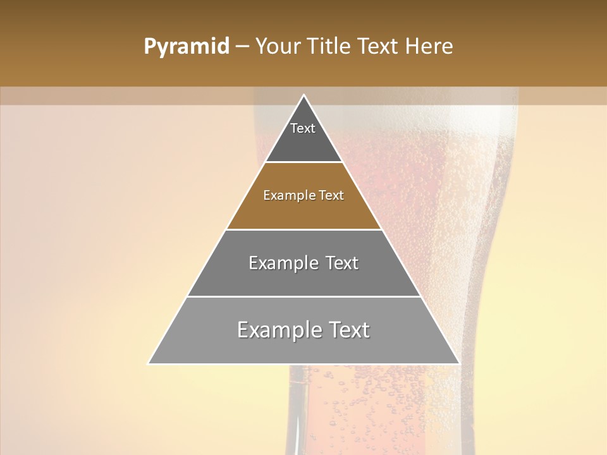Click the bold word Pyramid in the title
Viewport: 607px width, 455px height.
(x=186, y=47)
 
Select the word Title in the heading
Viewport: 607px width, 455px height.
(x=329, y=47)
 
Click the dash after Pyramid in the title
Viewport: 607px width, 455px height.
(x=242, y=47)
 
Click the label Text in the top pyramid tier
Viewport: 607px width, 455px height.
(x=303, y=128)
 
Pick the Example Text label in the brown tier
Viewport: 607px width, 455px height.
(x=303, y=195)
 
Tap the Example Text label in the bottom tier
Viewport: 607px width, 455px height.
(x=303, y=330)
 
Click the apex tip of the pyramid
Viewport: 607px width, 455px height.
(x=304, y=96)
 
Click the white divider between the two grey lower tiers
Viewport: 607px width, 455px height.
(x=303, y=296)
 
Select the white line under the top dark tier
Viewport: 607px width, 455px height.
(x=303, y=162)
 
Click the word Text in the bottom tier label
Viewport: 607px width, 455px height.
(x=345, y=330)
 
